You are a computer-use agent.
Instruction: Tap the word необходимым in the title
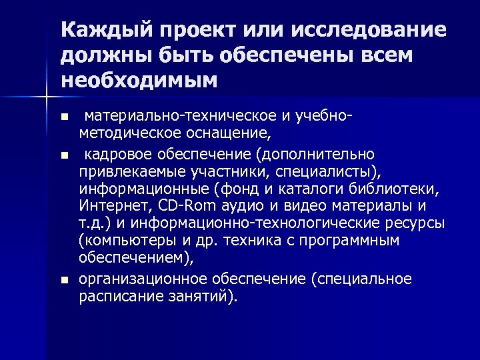[x=139, y=81]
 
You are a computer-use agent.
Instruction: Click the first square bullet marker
[x=64, y=118]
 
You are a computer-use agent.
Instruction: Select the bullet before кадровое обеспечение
[x=64, y=155]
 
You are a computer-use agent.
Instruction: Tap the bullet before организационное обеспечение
[x=64, y=279]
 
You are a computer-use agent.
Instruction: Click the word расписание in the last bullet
[x=114, y=295]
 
